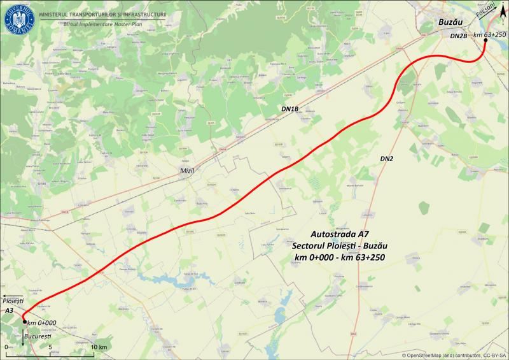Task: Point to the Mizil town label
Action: [x=186, y=170]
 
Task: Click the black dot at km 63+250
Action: [x=485, y=40]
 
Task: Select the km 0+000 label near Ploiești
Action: [x=43, y=322]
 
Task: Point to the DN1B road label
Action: [x=290, y=109]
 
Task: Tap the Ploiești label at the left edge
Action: [x=13, y=299]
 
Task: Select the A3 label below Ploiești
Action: [x=9, y=310]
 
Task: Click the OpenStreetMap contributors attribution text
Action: [x=454, y=354]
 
